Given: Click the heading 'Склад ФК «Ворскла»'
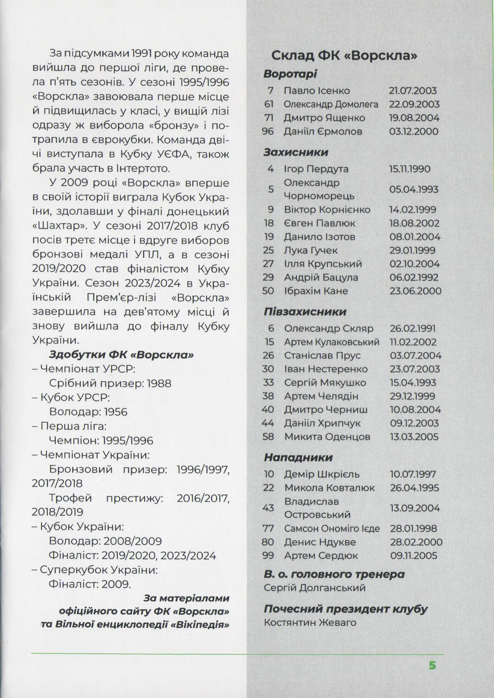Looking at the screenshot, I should [x=344, y=56].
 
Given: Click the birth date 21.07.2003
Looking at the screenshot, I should [x=413, y=91].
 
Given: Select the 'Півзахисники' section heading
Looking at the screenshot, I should [x=305, y=312].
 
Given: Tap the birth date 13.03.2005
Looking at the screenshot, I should [x=414, y=437].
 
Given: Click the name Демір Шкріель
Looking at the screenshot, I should [x=322, y=474].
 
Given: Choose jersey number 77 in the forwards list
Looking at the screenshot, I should [x=268, y=528].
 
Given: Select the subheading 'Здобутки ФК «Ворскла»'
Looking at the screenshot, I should [x=121, y=355].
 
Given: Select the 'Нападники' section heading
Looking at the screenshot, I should [x=298, y=457].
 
